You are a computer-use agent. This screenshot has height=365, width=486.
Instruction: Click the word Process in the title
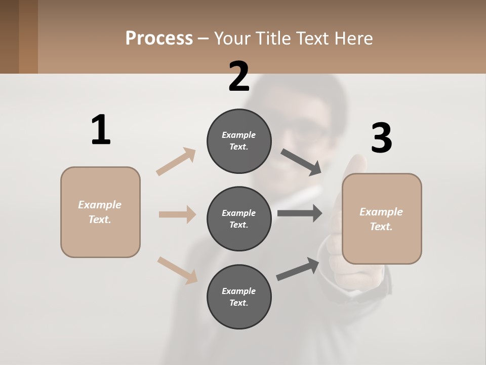159,38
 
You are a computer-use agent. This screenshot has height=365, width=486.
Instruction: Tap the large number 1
101,130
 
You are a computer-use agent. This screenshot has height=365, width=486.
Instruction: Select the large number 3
381,138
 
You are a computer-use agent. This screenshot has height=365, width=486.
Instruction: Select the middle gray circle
239,218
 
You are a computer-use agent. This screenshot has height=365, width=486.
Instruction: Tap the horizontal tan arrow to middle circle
177,214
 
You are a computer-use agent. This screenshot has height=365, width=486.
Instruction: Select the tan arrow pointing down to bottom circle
177,270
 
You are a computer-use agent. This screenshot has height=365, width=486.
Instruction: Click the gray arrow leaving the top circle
301,162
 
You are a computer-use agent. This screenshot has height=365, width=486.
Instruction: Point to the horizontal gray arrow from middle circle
299,213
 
